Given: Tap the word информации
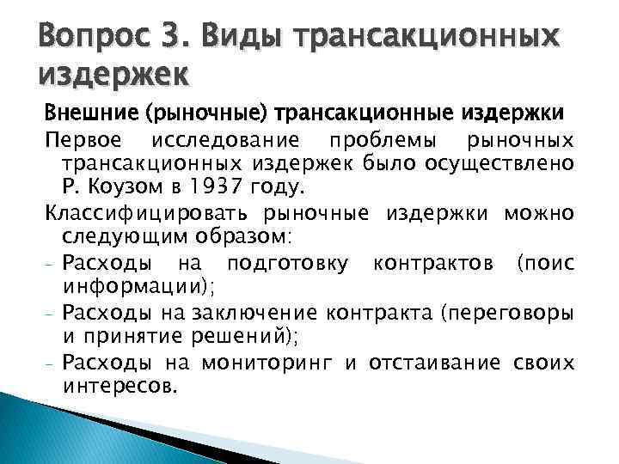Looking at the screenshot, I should click(x=134, y=284).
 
